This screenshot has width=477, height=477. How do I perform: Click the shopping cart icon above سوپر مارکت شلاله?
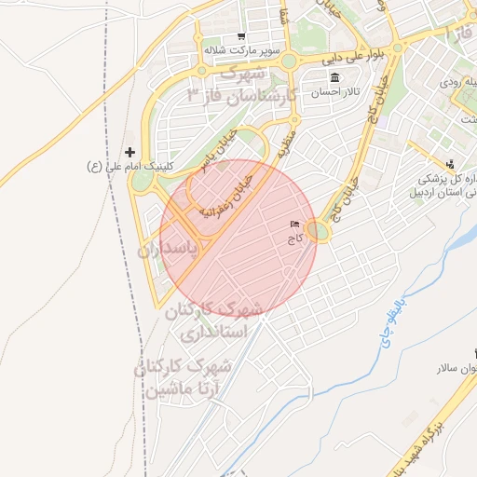point(241,36)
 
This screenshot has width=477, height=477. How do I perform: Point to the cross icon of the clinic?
point(129,151)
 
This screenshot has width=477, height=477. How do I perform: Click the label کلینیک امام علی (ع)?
point(125,166)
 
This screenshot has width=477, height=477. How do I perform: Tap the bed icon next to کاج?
point(295,225)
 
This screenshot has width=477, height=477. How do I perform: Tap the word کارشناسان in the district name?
point(249,94)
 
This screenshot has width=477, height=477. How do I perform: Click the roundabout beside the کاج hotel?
point(320,230)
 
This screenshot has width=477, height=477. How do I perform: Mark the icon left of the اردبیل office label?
point(450,164)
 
